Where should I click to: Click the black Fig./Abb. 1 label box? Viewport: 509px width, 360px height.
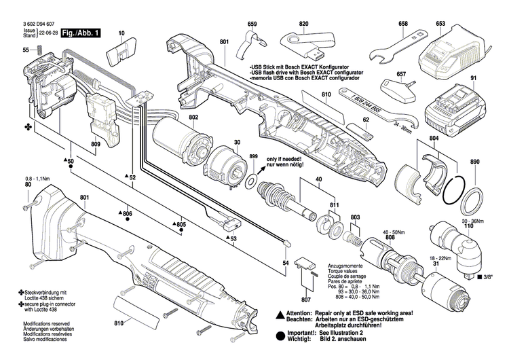pyautogui.click(x=79, y=33)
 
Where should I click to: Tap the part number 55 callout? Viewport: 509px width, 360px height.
pyautogui.click(x=26, y=50)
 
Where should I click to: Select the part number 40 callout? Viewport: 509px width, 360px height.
pyautogui.click(x=318, y=181)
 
